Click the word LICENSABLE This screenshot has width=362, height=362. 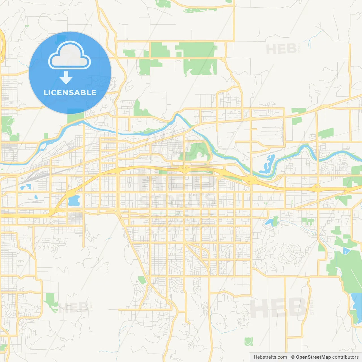pos(70,92)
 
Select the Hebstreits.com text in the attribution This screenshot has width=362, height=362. pos(270,357)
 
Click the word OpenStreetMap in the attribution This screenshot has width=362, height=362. pos(313,357)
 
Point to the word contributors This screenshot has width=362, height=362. pos(345,357)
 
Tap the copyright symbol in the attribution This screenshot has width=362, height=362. pos(293,357)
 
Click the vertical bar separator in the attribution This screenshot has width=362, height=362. pos(289,357)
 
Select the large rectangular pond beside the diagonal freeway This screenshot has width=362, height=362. pos(74,201)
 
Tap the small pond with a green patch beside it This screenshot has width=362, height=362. pos(269,221)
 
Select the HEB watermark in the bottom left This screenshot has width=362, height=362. pos(74,307)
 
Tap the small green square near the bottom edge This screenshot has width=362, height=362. pos(249,341)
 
